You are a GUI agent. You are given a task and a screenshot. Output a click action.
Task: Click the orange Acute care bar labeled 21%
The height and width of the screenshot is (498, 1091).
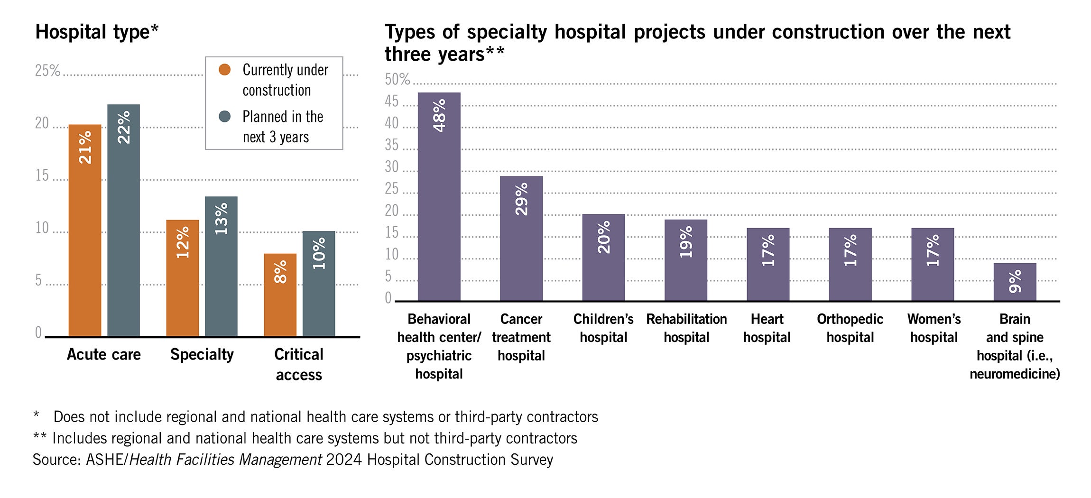[x=85, y=231]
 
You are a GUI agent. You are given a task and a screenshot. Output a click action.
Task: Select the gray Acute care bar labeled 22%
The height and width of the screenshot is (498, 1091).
[x=123, y=221]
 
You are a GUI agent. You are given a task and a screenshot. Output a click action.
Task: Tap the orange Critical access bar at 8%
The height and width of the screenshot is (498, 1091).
[x=280, y=295]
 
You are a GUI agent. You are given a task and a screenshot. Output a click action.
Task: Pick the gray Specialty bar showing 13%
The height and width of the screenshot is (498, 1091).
[x=221, y=267]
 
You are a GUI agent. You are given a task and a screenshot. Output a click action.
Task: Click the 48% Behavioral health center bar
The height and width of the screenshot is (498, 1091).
[x=439, y=196]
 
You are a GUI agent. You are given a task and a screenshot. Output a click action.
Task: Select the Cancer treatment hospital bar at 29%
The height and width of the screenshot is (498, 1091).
[x=521, y=239]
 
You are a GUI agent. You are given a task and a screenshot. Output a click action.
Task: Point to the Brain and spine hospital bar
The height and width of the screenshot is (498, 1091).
[x=1015, y=282]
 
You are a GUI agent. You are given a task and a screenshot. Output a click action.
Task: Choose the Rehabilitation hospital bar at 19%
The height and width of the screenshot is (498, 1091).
[x=685, y=260]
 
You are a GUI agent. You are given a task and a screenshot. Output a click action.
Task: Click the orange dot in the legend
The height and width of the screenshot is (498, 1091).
[x=224, y=70]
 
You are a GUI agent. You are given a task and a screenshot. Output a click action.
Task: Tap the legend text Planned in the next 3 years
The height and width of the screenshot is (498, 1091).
[x=283, y=127]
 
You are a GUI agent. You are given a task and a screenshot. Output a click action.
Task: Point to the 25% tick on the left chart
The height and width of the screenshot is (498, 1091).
[x=47, y=71]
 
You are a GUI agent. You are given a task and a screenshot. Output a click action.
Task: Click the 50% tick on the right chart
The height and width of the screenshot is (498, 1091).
[x=397, y=79]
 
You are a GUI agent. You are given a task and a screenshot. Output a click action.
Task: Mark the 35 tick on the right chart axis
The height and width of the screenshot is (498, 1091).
[x=392, y=145]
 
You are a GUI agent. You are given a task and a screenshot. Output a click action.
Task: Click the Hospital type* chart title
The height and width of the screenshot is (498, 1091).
[x=97, y=32]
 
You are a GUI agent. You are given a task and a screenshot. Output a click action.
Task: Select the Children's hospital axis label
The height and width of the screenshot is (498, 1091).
[x=603, y=328]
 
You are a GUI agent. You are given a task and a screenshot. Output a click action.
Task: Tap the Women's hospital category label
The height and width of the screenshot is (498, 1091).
[x=934, y=328]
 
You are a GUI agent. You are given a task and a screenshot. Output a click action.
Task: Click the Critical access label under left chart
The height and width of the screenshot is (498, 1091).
[x=298, y=364]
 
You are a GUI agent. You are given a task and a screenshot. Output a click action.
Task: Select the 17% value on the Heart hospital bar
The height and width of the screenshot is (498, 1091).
[x=768, y=250]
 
